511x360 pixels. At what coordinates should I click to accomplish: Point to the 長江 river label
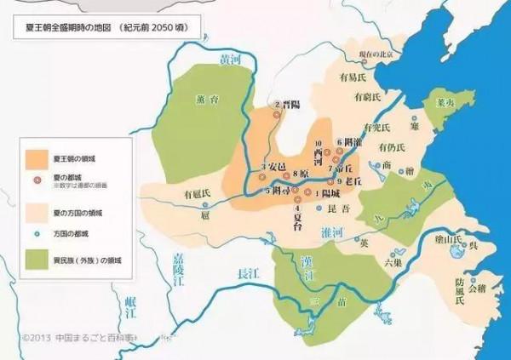click(247, 274)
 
